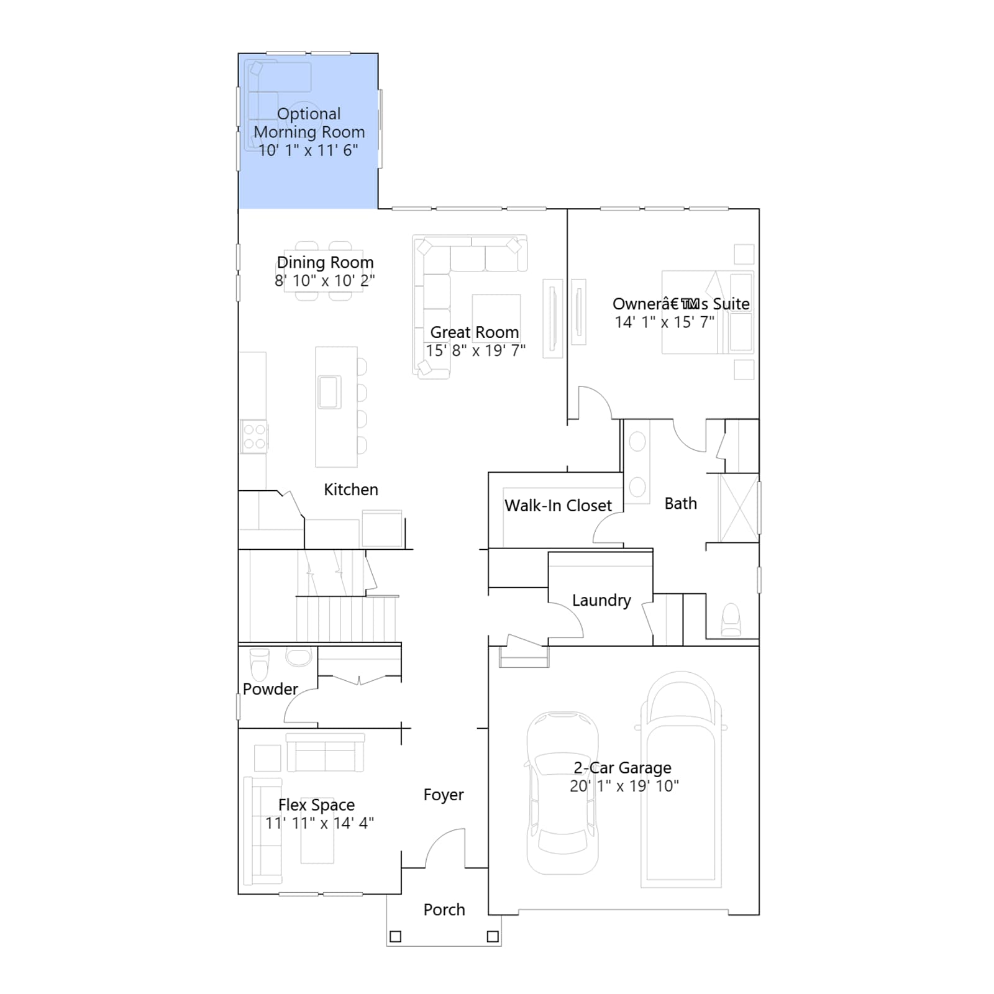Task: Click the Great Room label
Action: coord(475,332)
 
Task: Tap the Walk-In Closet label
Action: coord(558,506)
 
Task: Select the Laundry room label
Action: coord(601,601)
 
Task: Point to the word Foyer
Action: coord(444,795)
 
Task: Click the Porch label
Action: coord(444,910)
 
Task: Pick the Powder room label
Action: coord(270,689)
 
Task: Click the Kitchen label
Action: coord(351,490)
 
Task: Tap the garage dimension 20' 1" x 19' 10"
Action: coord(624,786)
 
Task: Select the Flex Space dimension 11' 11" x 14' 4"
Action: coord(319,823)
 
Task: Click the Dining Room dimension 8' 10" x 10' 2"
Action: coord(325,281)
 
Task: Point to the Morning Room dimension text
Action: coord(308,150)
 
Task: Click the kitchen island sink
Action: coord(329,392)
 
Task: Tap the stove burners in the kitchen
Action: coord(254,436)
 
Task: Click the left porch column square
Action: coord(395,936)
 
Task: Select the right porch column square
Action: coord(493,936)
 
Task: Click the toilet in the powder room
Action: coord(259,664)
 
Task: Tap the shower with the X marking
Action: coord(739,508)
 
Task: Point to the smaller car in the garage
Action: coord(562,793)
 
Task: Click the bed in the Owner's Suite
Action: coord(707,312)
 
